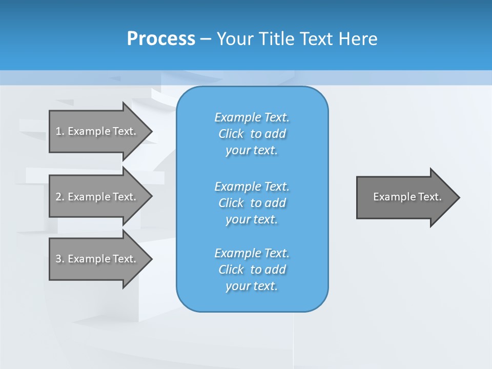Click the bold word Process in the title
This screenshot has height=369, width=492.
pyautogui.click(x=161, y=39)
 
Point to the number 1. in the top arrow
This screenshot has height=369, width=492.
pyautogui.click(x=60, y=131)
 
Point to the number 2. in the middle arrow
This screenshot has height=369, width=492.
pyautogui.click(x=60, y=197)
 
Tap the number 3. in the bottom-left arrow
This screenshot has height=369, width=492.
pyautogui.click(x=60, y=259)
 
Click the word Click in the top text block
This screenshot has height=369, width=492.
pyautogui.click(x=231, y=134)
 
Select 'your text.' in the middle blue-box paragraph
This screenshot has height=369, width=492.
pyautogui.click(x=251, y=219)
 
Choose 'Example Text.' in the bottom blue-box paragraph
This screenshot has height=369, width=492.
pyautogui.click(x=252, y=253)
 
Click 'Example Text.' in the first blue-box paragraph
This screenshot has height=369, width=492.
pyautogui.click(x=252, y=117)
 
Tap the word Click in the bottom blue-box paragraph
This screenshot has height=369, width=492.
pyautogui.click(x=231, y=270)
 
